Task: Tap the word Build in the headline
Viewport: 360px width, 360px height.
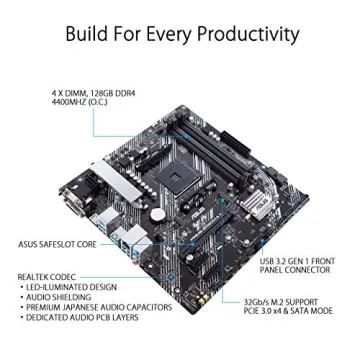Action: click(x=88, y=34)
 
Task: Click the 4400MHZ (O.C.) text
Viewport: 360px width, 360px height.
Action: click(x=75, y=101)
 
